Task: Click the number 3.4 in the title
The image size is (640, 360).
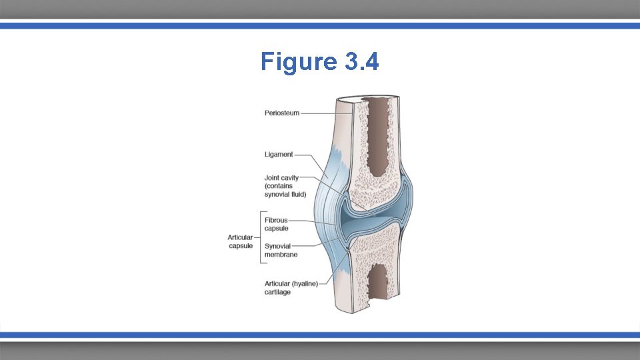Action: [361, 62]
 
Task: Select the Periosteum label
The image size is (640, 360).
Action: [282, 113]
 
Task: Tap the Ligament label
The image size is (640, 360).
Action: [279, 155]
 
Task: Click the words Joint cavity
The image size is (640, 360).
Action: [281, 178]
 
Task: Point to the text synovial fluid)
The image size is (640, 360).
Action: [285, 195]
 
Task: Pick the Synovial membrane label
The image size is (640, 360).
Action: [281, 250]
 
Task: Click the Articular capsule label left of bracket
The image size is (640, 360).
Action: [240, 241]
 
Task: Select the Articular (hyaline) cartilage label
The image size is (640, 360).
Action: [291, 287]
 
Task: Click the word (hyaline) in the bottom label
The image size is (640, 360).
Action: [303, 283]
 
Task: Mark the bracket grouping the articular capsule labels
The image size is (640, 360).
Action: [260, 237]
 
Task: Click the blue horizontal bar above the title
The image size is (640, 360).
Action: [320, 25]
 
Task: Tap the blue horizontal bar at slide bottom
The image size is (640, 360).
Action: [320, 335]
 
